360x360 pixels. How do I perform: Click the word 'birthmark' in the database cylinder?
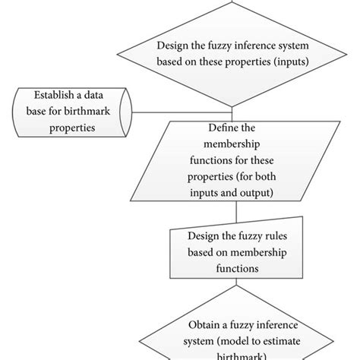[x=96, y=111]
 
